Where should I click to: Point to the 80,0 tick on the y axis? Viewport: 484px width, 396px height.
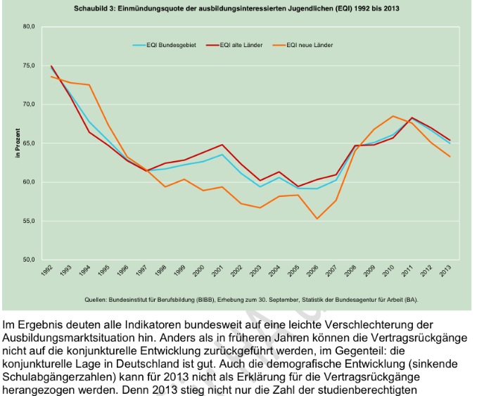pos(29,27)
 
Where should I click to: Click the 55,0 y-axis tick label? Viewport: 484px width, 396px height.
pos(29,222)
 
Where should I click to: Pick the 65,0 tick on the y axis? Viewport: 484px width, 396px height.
pos(29,143)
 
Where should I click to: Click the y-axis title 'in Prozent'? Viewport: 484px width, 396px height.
pos(18,143)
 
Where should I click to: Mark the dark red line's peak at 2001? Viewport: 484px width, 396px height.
pos(222,145)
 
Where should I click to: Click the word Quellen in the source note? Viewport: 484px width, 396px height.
pos(96,299)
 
